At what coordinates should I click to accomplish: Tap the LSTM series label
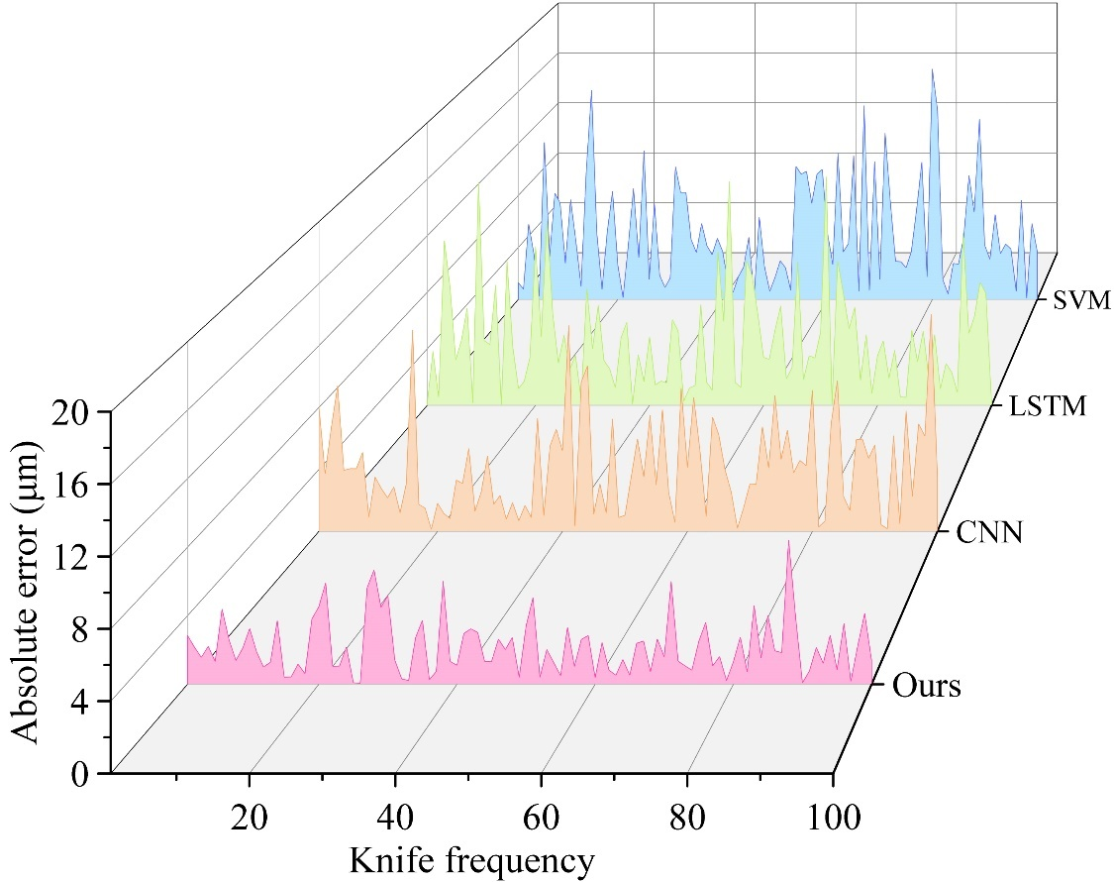pyautogui.click(x=1049, y=406)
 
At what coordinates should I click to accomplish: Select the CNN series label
pyautogui.click(x=989, y=533)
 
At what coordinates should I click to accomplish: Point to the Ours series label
pyautogui.click(x=926, y=685)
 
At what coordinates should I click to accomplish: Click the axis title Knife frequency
pyautogui.click(x=471, y=859)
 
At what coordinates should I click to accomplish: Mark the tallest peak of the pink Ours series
pyautogui.click(x=788, y=542)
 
